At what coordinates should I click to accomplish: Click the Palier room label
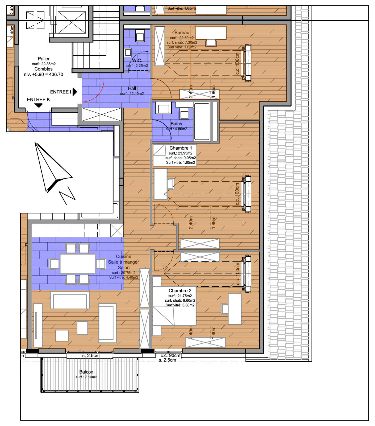pyautogui.click(x=44, y=59)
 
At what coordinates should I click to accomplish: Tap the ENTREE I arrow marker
pyautogui.click(x=75, y=92)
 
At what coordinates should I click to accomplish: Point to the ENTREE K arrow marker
pyautogui.click(x=39, y=105)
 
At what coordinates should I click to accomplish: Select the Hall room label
pyautogui.click(x=132, y=88)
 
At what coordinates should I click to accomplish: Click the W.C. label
pyautogui.click(x=137, y=60)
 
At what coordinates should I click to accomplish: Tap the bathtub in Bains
pyautogui.click(x=202, y=121)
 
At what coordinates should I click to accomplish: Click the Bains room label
pyautogui.click(x=176, y=124)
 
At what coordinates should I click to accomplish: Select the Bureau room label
pyautogui.click(x=182, y=33)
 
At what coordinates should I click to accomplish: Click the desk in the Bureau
pyautogui.click(x=211, y=32)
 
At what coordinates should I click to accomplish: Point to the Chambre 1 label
pyautogui.click(x=181, y=148)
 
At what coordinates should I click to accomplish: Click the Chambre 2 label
pyautogui.click(x=180, y=291)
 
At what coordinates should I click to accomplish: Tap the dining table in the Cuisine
pyautogui.click(x=77, y=264)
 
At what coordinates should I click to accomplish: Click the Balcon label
pyautogui.click(x=86, y=372)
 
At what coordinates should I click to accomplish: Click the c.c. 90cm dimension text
pyautogui.click(x=170, y=355)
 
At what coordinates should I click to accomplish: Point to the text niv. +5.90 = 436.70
pyautogui.click(x=44, y=75)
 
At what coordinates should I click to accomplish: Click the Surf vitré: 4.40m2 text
pyautogui.click(x=124, y=277)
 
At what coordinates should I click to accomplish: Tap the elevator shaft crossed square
pyautogui.click(x=72, y=23)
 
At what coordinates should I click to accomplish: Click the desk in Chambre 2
pyautogui.click(x=235, y=309)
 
